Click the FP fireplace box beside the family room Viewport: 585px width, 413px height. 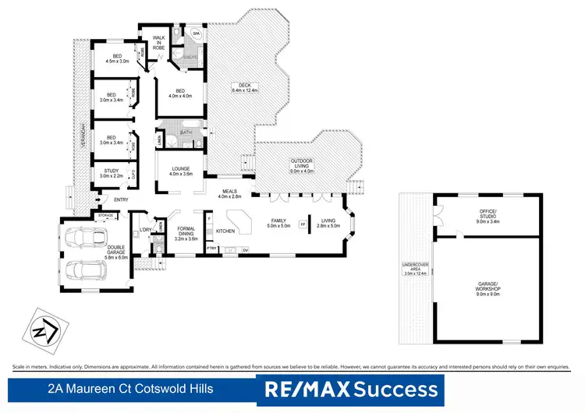coord(303,225)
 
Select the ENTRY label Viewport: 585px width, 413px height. coord(121,199)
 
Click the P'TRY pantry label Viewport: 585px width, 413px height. coord(211,249)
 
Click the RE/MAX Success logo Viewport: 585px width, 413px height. coord(351,388)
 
